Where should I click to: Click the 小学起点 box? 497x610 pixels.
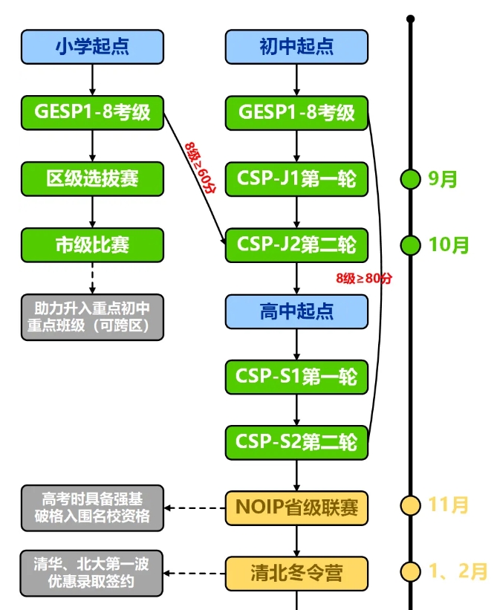92,46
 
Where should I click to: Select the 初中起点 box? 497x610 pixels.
296,46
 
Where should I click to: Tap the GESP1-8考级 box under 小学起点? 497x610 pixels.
92,112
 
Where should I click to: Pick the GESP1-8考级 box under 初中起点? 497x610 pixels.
296,112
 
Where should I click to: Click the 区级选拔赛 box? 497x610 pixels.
92,178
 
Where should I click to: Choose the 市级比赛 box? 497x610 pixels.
92,244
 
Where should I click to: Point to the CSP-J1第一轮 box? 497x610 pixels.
296,178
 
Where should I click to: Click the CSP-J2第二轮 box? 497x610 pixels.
296,244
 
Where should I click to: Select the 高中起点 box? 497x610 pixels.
296,311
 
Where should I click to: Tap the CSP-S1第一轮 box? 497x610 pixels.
296,377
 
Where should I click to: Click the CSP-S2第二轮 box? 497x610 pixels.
296,441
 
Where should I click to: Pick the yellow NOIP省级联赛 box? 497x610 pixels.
296,507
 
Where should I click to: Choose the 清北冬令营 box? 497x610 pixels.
296,572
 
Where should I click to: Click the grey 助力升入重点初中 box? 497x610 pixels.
92,318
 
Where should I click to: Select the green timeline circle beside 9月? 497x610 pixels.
410,178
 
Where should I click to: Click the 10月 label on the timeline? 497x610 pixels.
449,244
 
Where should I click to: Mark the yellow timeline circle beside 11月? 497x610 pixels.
410,506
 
